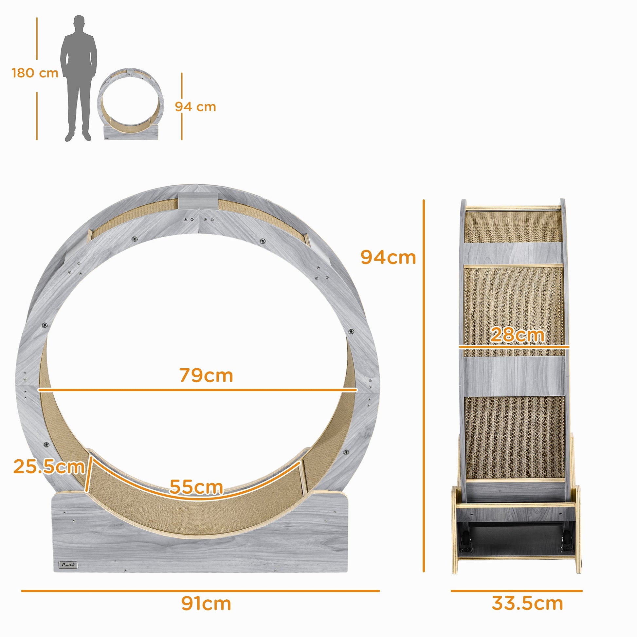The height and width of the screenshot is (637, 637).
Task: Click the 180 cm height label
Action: [35, 73]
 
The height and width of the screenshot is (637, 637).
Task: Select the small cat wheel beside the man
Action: [130, 104]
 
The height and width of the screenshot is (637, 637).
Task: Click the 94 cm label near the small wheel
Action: [195, 107]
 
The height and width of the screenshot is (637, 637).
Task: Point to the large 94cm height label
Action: [388, 258]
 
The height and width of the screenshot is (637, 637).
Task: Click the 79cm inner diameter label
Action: [207, 375]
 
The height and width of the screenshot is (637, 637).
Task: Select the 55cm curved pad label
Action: [196, 487]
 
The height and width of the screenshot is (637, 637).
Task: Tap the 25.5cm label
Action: [49, 466]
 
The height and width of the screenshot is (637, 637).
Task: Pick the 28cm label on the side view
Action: [517, 335]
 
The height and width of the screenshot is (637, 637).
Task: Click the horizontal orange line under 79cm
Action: [198, 390]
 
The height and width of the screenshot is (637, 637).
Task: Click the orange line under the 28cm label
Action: [514, 347]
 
